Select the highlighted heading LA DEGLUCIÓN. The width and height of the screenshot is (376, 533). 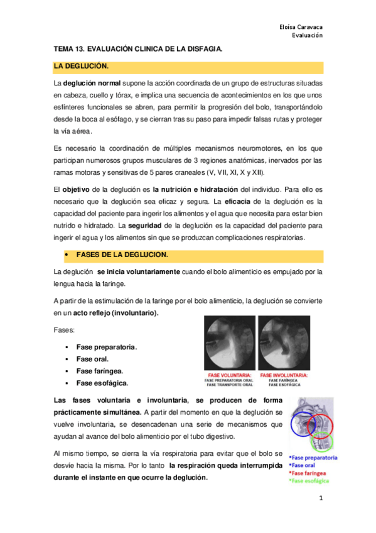(82, 66)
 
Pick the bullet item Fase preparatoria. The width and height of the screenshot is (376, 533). (107, 347)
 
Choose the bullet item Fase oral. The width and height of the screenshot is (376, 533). (92, 359)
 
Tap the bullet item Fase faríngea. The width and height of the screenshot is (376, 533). (99, 371)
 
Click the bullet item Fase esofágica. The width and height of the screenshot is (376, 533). (102, 383)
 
